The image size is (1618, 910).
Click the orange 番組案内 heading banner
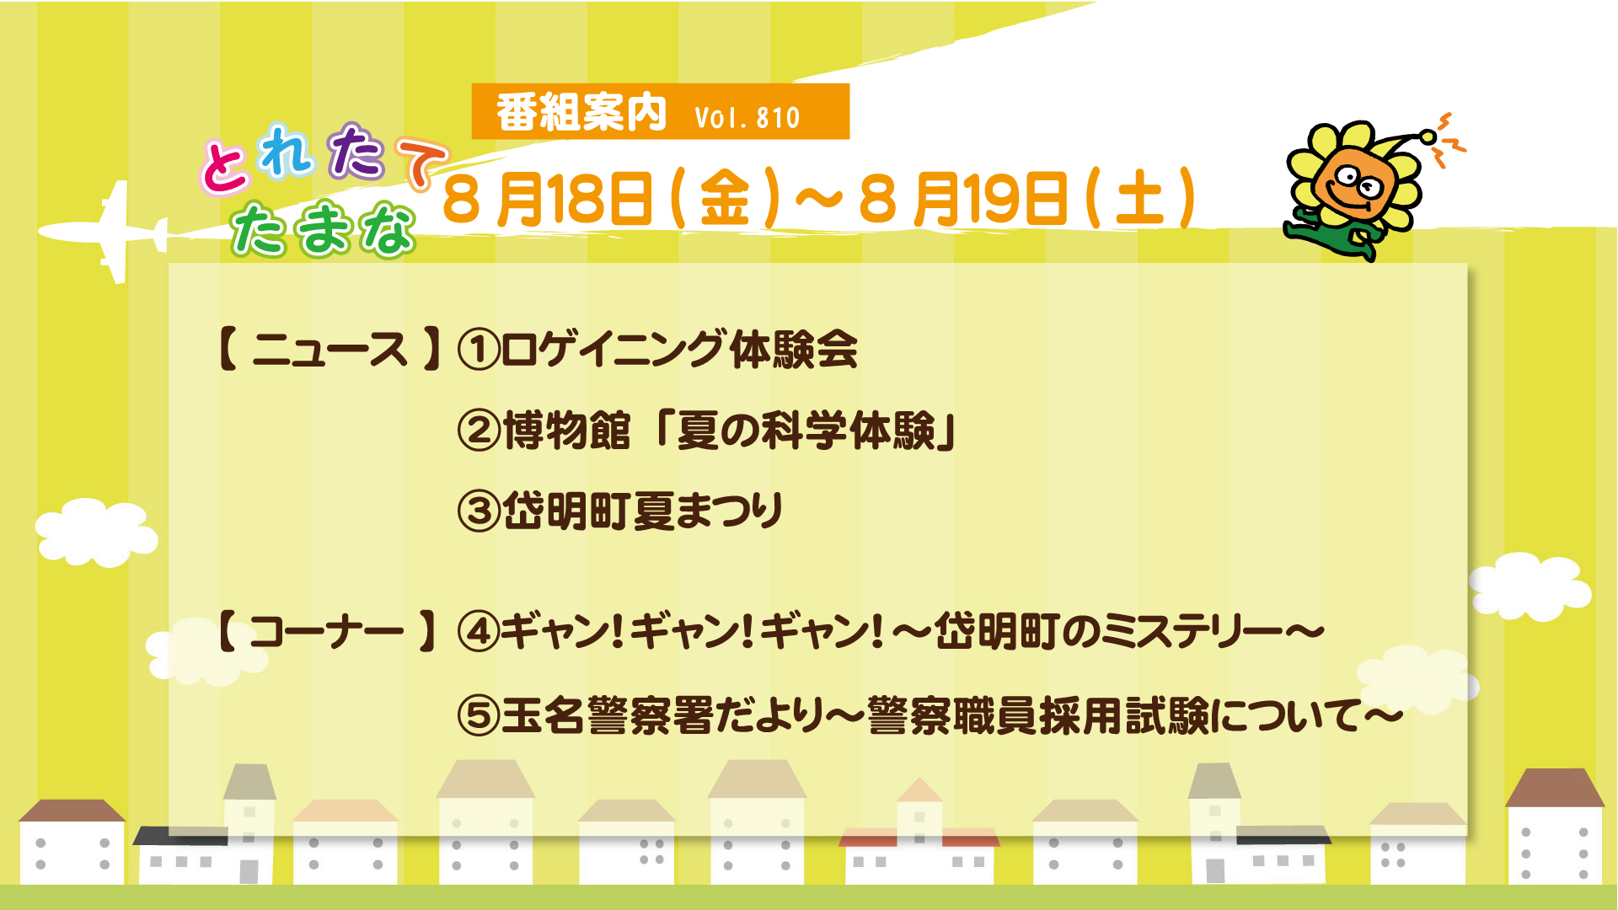660,111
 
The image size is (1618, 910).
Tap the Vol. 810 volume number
747,117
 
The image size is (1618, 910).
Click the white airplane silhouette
110,231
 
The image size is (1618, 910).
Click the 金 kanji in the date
725,199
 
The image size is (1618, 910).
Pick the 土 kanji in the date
1139,199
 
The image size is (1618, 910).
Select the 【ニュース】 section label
329,349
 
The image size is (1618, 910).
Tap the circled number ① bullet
479,350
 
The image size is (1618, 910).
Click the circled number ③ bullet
479,511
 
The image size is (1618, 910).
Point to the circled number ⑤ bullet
479,715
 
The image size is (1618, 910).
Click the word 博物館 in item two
566,430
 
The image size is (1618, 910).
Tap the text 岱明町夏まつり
644,511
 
